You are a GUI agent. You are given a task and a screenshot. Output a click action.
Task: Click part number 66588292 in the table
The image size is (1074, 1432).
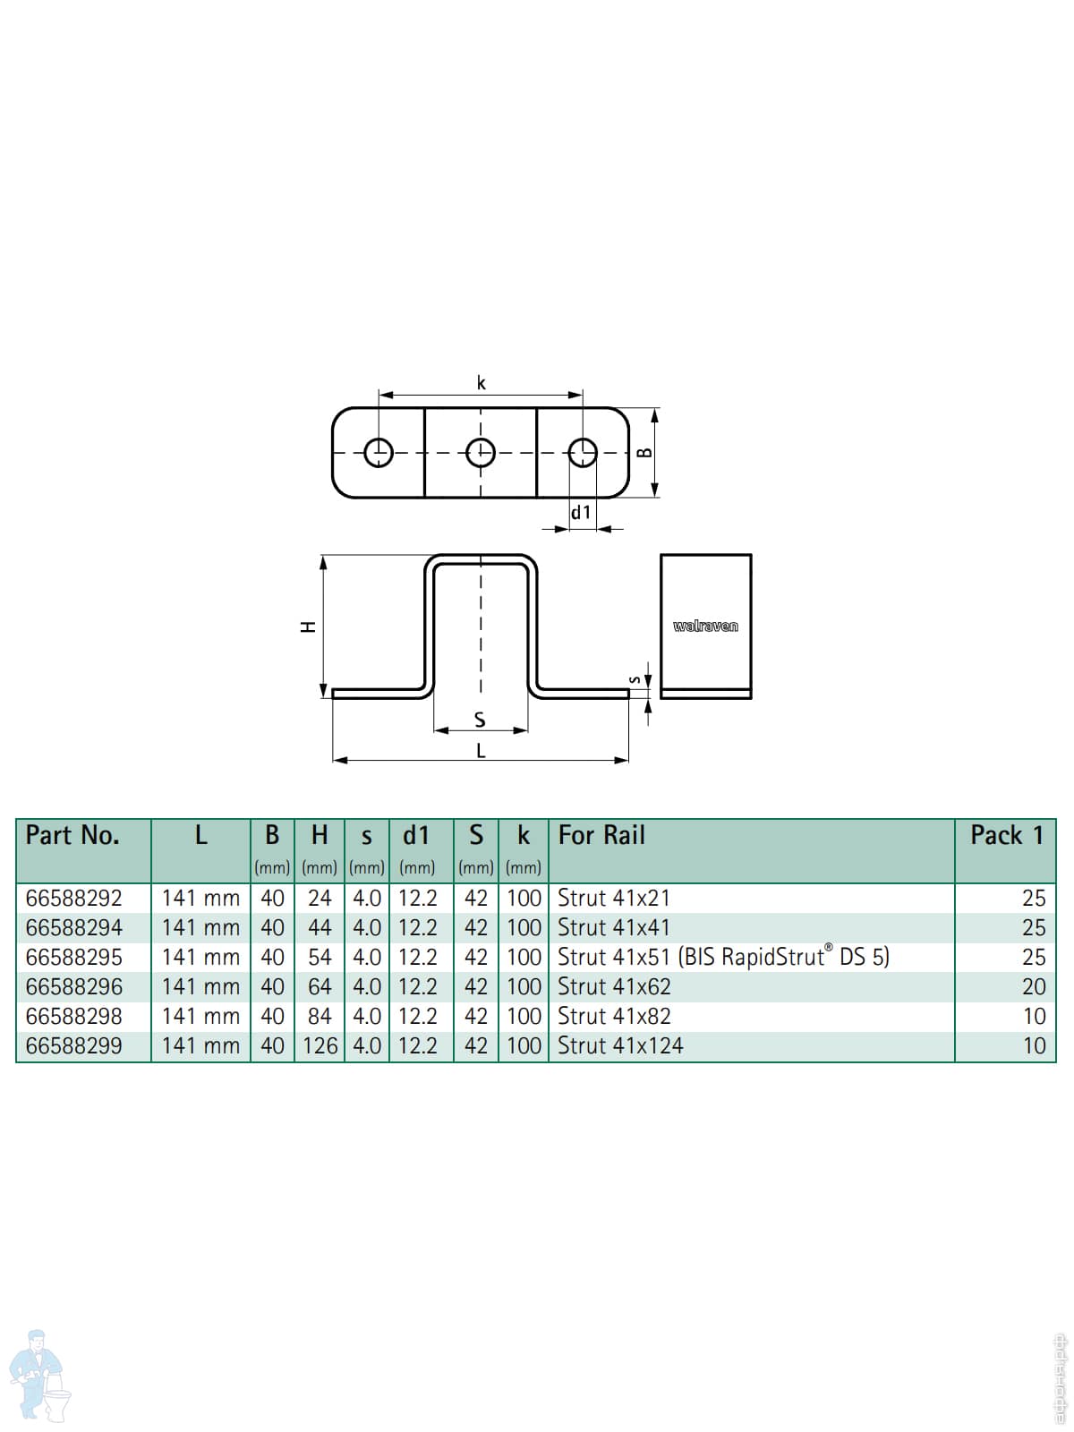(73, 899)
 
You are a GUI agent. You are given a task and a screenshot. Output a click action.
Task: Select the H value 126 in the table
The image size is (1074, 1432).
(320, 1045)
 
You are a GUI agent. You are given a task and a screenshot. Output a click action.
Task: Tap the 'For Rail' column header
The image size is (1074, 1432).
(601, 835)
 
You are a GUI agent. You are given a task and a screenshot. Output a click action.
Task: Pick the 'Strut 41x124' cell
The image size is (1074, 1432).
(620, 1045)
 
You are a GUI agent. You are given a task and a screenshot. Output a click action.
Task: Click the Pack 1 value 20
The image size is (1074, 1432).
(1034, 986)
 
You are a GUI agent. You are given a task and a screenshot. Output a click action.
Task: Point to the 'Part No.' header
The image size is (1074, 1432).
(72, 835)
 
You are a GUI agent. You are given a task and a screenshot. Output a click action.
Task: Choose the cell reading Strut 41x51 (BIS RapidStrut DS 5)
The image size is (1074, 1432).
(723, 957)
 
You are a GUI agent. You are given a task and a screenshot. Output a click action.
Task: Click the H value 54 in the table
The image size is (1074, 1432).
(320, 957)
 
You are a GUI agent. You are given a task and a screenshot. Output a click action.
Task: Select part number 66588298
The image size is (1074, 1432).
(73, 1017)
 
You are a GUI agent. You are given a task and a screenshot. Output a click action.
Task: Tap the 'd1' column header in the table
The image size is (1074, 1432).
(416, 835)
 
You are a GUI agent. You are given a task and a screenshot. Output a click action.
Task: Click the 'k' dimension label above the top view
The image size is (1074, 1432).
(482, 383)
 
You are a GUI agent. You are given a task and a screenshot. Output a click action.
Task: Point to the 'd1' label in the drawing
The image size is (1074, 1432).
(580, 512)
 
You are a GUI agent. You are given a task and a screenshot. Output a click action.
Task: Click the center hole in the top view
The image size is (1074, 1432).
(481, 452)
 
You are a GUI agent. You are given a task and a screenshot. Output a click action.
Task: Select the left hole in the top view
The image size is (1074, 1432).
(379, 452)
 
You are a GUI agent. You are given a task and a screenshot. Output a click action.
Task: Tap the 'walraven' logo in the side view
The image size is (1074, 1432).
(705, 626)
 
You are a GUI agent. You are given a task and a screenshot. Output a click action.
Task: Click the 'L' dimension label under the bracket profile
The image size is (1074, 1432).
(482, 751)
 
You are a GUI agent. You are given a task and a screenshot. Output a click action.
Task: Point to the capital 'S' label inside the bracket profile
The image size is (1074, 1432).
(480, 720)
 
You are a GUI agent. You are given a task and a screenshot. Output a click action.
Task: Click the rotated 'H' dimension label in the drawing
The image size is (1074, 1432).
(309, 627)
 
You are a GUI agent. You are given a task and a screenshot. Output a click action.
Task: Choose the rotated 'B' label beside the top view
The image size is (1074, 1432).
(644, 453)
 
